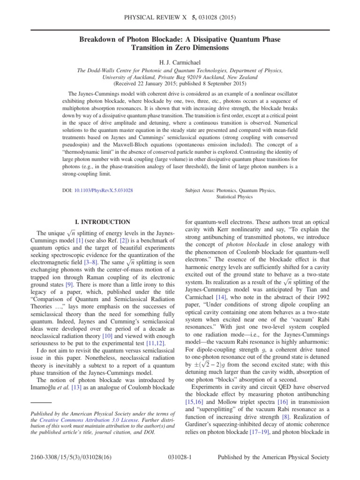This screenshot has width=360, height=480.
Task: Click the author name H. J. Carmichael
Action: point(180,62)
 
